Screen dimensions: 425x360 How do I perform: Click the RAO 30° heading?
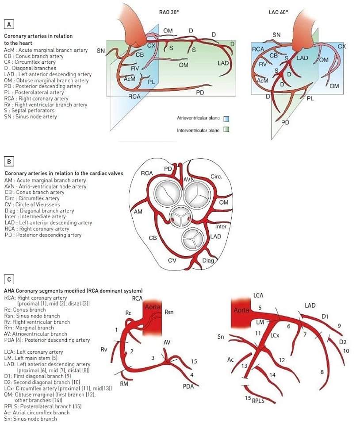pyautogui.click(x=169, y=12)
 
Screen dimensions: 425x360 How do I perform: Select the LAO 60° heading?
pyautogui.click(x=278, y=12)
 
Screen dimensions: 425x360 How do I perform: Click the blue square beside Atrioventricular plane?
pyautogui.click(x=226, y=119)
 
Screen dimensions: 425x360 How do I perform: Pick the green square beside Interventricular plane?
pyautogui.click(x=226, y=130)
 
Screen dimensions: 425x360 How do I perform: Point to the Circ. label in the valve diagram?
pyautogui.click(x=216, y=177)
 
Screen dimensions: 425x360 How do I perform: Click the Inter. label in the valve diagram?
pyautogui.click(x=221, y=227)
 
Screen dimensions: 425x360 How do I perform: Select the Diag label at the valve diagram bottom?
pyautogui.click(x=208, y=260)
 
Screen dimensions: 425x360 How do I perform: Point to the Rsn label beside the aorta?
pyautogui.click(x=169, y=312)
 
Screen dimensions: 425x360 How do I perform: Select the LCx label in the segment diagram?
pyautogui.click(x=275, y=336)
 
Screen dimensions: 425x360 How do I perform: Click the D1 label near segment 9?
pyautogui.click(x=325, y=317)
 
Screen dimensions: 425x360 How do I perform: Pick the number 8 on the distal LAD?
pyautogui.click(x=322, y=372)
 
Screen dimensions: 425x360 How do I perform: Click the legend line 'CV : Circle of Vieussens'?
pyautogui.click(x=34, y=205)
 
